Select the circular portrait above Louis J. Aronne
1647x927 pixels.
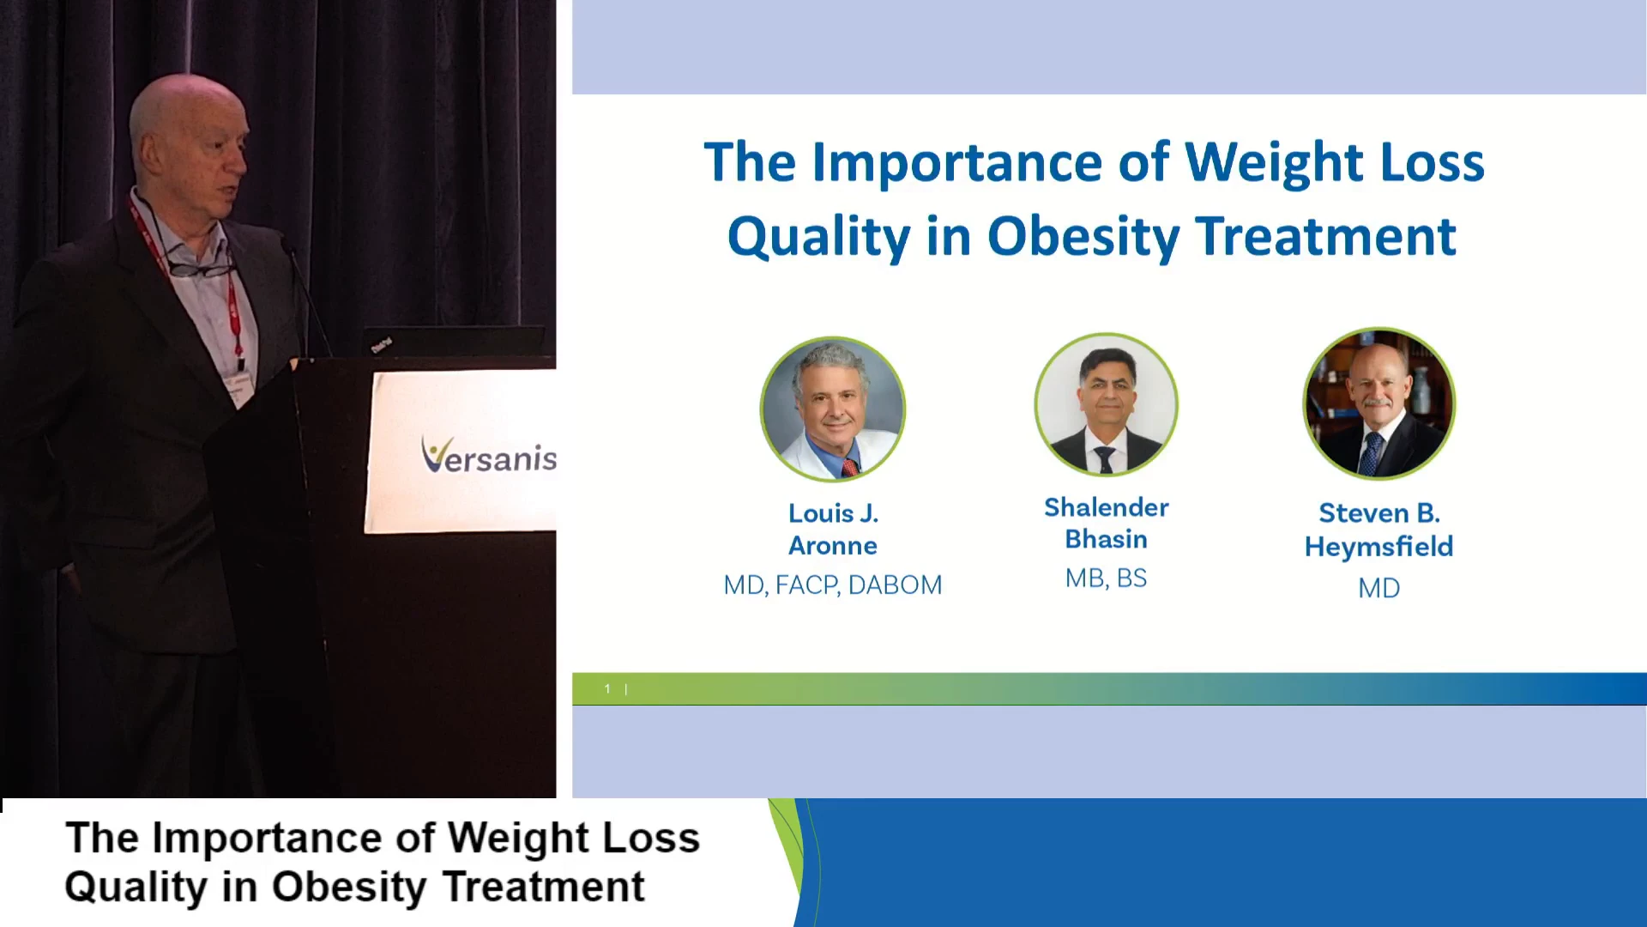coord(832,409)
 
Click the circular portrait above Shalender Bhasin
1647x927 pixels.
coord(1106,404)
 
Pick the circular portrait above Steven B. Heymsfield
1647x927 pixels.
coord(1379,403)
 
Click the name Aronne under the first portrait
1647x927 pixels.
coord(833,546)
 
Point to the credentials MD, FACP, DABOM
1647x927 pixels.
coord(833,585)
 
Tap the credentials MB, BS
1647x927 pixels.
coord(1106,579)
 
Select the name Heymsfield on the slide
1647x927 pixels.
coord(1379,547)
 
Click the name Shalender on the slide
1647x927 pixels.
coord(1106,507)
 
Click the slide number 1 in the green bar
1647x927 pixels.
coord(607,688)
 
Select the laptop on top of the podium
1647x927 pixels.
coord(455,341)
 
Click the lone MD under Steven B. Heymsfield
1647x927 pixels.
coord(1379,589)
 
